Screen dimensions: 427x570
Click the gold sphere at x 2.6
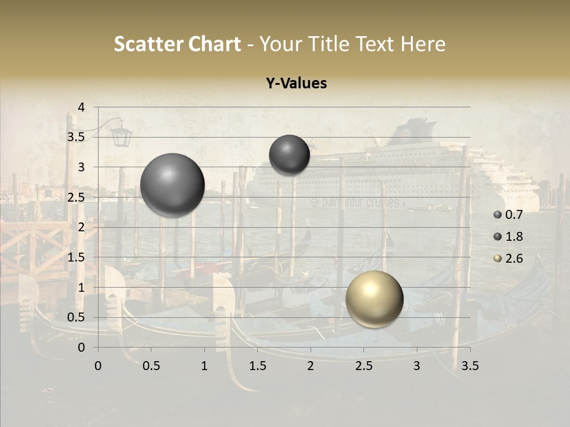click(374, 299)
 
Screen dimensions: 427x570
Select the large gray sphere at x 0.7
click(172, 185)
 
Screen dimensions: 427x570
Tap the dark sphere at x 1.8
click(289, 155)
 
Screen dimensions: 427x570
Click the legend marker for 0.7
click(498, 214)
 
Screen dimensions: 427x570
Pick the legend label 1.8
click(514, 237)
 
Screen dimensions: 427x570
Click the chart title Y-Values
click(296, 84)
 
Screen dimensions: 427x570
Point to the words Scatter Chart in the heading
click(178, 44)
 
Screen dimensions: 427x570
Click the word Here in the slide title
click(423, 44)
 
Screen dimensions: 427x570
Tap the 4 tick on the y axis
click(82, 107)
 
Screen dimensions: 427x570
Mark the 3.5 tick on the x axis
click(470, 366)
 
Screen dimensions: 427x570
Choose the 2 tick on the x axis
click(311, 366)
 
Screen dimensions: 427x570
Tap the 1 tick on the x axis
click(204, 366)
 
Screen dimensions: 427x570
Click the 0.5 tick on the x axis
click(151, 366)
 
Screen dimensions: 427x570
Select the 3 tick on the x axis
click(417, 366)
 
